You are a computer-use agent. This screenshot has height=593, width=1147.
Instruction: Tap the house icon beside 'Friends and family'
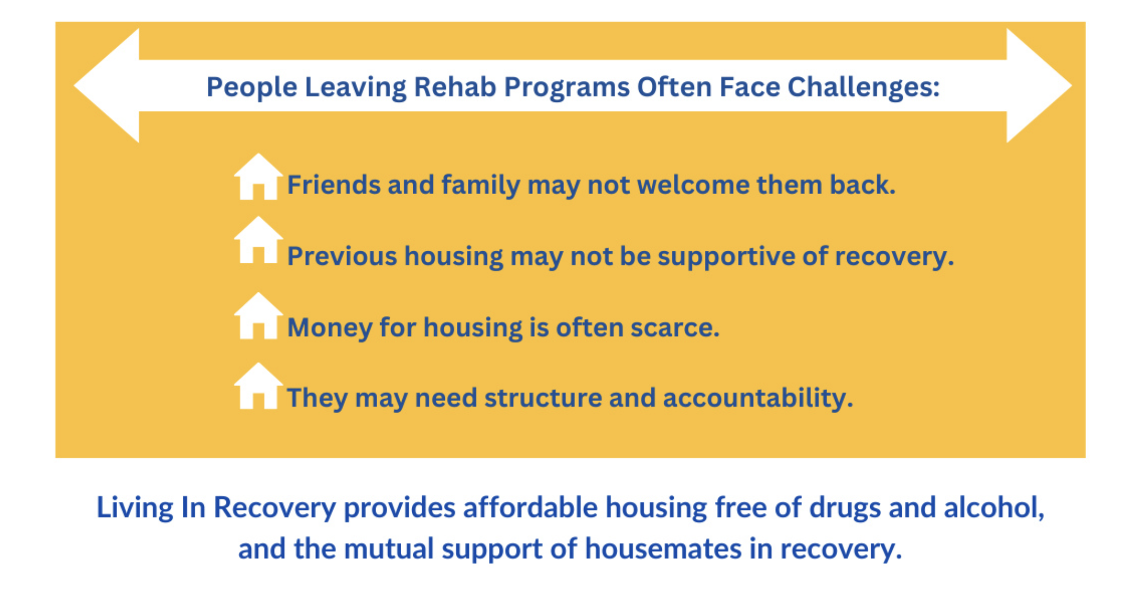[258, 177]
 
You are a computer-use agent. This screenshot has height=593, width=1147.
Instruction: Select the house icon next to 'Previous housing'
[258, 240]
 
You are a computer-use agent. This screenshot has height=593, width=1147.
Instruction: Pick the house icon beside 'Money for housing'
[258, 315]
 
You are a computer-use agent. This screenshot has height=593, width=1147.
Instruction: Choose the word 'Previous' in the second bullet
[342, 257]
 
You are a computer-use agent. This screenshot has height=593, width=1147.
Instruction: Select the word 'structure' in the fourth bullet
[543, 398]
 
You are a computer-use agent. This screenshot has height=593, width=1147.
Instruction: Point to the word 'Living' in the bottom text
[135, 508]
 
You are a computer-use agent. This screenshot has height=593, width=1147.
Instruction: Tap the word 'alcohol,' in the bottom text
[994, 507]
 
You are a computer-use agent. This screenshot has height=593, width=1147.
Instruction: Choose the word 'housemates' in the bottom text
[663, 549]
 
